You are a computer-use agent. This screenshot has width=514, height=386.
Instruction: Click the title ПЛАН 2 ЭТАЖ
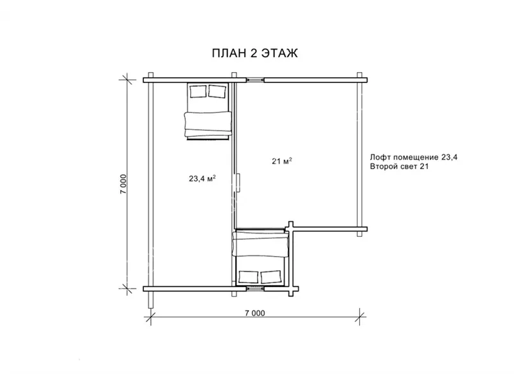[x=254, y=53]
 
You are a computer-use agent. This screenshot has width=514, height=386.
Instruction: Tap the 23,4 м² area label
[x=202, y=178]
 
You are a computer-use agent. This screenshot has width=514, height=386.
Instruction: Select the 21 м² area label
[x=282, y=161]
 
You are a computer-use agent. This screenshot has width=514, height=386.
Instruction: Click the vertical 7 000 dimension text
[x=123, y=184]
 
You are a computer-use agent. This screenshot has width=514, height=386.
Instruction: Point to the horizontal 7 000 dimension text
[x=254, y=313]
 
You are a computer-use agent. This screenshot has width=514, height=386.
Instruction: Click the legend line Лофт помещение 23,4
[x=414, y=157]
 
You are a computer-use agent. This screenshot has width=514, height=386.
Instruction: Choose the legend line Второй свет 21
[x=399, y=167]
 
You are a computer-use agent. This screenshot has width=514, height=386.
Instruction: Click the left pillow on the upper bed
[x=198, y=91]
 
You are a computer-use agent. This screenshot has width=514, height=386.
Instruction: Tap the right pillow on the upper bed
[x=217, y=91]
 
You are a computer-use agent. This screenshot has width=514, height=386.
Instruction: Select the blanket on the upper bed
[x=208, y=124]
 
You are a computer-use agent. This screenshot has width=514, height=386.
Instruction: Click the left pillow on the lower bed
[x=249, y=277]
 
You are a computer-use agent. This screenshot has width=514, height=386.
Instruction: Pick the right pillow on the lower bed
[x=270, y=277]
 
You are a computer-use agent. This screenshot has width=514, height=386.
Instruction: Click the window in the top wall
[x=255, y=79]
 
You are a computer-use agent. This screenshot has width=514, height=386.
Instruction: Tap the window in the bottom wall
[x=255, y=288]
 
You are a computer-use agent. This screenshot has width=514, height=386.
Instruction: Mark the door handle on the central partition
[x=240, y=183]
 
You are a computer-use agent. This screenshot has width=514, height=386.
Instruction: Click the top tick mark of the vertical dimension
[x=127, y=79]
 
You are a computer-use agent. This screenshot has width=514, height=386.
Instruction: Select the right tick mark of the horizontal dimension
[x=360, y=317]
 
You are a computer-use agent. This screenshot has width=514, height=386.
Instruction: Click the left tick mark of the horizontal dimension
[x=150, y=317]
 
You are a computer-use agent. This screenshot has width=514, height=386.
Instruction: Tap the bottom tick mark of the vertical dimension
[x=127, y=288]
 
